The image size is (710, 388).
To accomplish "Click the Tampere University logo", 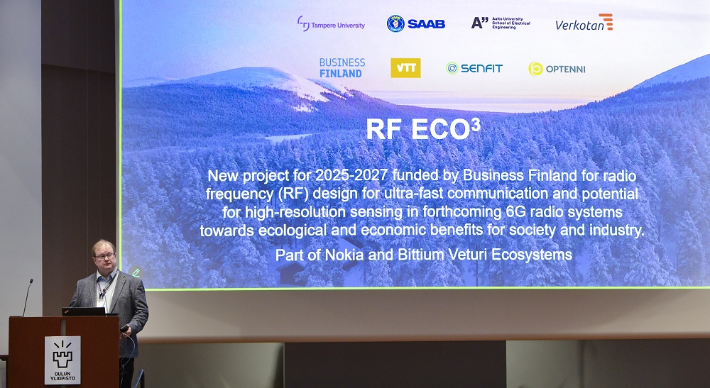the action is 331,24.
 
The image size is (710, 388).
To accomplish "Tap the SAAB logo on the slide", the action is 415,23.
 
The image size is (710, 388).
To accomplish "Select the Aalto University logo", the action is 501,23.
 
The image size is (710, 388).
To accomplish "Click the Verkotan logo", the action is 584,23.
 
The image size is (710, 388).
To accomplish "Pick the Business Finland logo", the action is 342,68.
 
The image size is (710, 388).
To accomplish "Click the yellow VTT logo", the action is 405,68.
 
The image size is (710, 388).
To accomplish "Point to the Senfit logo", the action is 474,68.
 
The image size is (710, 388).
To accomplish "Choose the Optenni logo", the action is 557,69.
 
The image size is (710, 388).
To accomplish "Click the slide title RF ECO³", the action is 423,129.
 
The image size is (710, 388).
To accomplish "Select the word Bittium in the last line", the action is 421,255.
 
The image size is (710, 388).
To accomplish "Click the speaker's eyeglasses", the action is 105,256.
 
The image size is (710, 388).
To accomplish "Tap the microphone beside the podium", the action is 27,297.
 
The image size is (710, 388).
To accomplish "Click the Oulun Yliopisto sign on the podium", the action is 62,360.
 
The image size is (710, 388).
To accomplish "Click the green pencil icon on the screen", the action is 136,272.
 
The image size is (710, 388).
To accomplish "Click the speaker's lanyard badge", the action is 101,302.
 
